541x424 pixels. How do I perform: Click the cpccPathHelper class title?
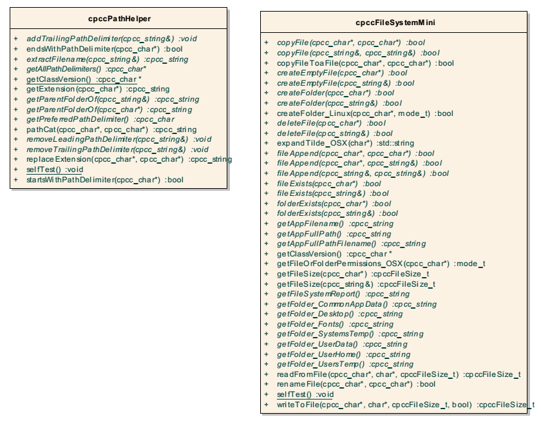pos(119,19)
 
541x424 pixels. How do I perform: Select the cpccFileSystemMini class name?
pos(395,23)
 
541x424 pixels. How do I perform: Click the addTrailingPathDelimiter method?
pos(111,39)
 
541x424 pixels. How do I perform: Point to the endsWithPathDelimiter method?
pos(104,49)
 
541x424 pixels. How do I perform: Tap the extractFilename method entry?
pos(108,59)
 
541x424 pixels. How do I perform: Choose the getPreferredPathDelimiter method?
pos(100,119)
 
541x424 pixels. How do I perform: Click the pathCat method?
pos(111,130)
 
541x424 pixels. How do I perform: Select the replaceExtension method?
pos(129,160)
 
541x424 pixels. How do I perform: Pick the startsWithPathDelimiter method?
pos(105,180)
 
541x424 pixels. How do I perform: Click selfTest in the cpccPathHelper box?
pos(55,169)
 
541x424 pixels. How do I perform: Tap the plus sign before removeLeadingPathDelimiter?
pos(15,139)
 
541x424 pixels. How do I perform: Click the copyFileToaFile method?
pos(365,64)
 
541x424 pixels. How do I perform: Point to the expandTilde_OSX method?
pos(345,143)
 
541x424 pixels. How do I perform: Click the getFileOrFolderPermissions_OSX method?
pos(381,264)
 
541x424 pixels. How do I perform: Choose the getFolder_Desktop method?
pos(340,314)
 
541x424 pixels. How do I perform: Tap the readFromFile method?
pos(399,374)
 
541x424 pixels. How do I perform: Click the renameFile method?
pos(356,384)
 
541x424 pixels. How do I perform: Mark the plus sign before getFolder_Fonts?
pos(266,324)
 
